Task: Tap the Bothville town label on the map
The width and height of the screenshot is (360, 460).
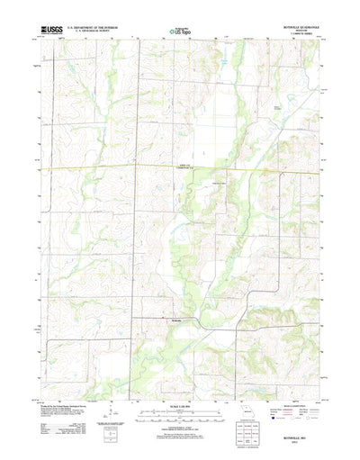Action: point(178,319)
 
